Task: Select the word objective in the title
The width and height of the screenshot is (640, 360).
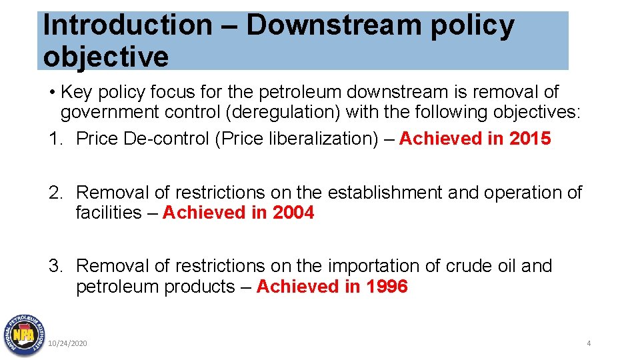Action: click(x=105, y=57)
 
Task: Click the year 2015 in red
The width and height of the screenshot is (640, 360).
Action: click(x=530, y=139)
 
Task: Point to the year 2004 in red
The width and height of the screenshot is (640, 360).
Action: click(x=293, y=213)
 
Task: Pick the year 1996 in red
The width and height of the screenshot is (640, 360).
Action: click(x=387, y=287)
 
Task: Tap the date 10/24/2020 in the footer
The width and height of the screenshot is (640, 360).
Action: click(x=67, y=343)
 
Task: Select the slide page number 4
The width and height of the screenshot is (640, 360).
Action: click(x=589, y=343)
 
